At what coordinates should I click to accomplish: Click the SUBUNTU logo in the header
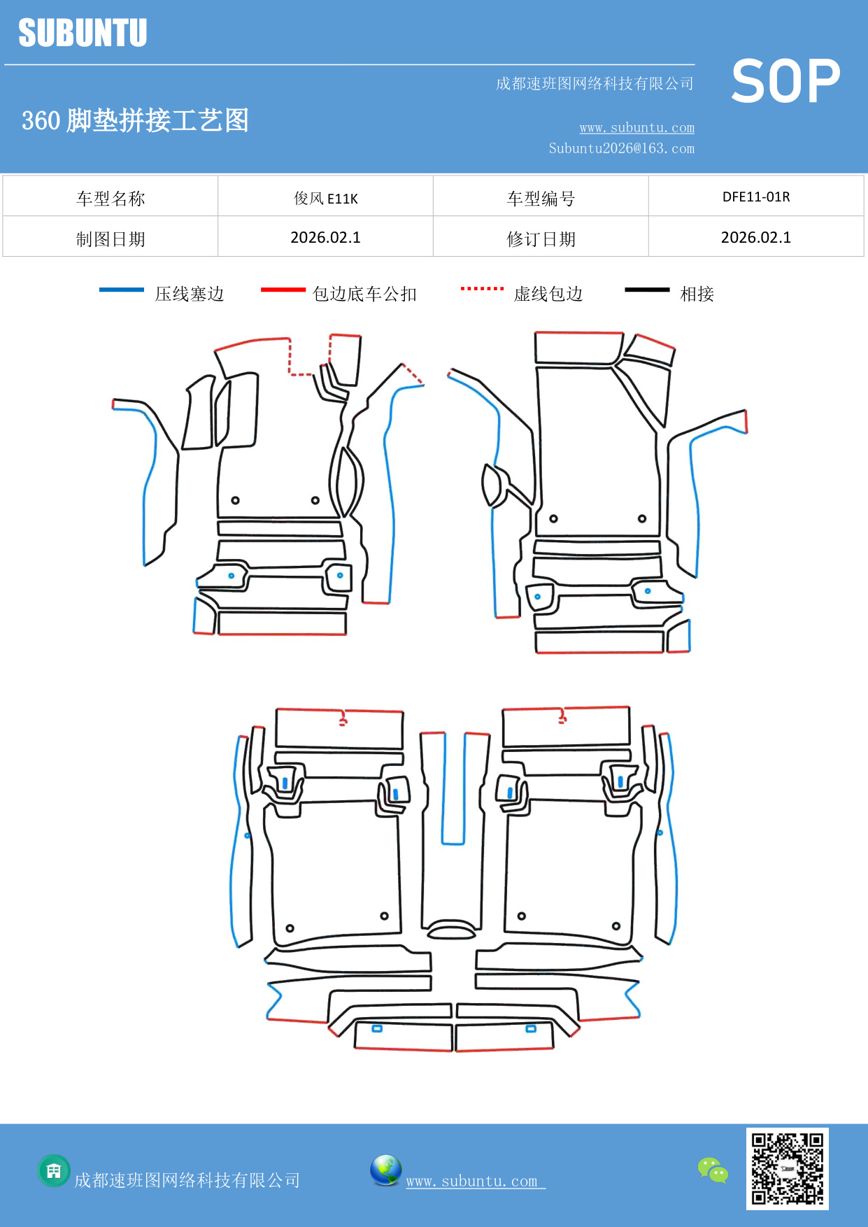[83, 33]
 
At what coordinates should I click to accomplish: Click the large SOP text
[785, 81]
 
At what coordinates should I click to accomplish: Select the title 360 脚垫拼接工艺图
[135, 120]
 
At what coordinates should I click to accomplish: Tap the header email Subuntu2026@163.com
[621, 148]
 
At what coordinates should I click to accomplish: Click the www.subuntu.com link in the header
[636, 128]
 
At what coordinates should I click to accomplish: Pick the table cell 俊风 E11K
[325, 198]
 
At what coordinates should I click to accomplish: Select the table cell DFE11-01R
[755, 197]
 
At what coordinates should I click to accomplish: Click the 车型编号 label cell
[541, 199]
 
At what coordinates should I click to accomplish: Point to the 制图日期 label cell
[111, 239]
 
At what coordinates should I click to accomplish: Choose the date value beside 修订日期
[755, 238]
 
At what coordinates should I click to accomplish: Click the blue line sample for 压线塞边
[122, 290]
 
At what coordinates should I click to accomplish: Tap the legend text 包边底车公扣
[364, 294]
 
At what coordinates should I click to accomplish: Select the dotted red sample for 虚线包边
[482, 288]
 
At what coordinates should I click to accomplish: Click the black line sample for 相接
[647, 290]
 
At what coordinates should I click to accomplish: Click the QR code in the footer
[787, 1168]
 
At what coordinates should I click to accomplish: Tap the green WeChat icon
[713, 1170]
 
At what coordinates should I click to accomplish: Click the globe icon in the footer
[385, 1170]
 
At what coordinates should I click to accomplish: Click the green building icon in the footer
[54, 1170]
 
